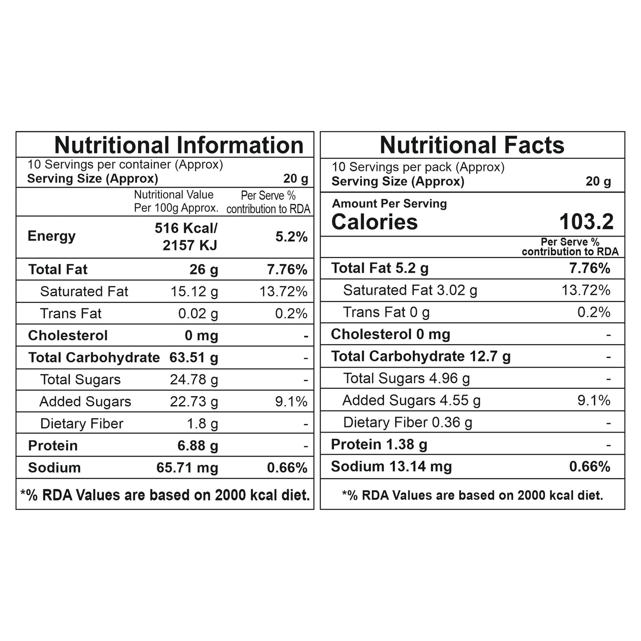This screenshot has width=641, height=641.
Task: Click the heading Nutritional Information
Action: (179, 145)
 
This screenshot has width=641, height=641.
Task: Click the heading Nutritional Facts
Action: (472, 145)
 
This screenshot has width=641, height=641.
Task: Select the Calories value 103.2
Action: (586, 222)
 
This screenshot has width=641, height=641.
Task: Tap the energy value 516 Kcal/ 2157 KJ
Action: (186, 236)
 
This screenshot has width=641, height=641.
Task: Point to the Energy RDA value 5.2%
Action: (291, 236)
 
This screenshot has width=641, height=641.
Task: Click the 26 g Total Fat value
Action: (204, 270)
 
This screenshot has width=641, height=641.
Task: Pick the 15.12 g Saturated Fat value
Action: (194, 291)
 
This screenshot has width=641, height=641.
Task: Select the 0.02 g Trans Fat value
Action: (198, 314)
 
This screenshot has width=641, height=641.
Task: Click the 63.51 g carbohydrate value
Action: (194, 357)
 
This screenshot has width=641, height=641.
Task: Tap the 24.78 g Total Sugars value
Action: (194, 379)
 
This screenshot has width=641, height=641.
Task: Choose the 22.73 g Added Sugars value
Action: (194, 402)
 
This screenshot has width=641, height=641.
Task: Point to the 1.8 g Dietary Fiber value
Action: (203, 423)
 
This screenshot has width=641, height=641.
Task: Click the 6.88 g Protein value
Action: (198, 446)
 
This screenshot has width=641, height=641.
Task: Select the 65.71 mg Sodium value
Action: (187, 468)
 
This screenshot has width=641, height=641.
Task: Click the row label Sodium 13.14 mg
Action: (391, 466)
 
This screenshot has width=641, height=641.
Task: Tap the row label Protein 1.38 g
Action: (379, 444)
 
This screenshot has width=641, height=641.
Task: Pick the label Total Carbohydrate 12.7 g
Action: (420, 356)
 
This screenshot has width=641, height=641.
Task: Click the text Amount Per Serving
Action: (389, 203)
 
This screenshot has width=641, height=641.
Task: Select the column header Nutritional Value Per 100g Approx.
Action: (176, 201)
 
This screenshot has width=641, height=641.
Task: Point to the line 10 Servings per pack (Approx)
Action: (418, 167)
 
